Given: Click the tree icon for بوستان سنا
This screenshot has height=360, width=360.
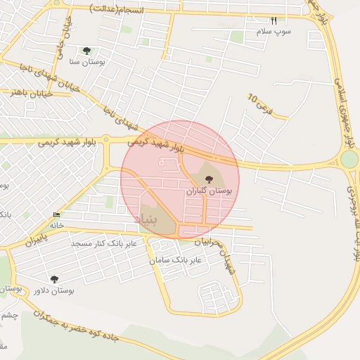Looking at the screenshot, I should point(86,51).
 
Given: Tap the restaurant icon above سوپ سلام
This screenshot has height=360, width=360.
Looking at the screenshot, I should point(274,21).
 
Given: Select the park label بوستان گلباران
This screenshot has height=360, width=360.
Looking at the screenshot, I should point(209,191).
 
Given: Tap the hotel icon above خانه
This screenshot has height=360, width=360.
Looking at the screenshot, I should point(56,214).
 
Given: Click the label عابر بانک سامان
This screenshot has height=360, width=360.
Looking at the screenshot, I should point(175,260).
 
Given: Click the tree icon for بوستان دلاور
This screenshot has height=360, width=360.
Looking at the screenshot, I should point(54,279).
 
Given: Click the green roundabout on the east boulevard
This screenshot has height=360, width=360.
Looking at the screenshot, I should point(349,159).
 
